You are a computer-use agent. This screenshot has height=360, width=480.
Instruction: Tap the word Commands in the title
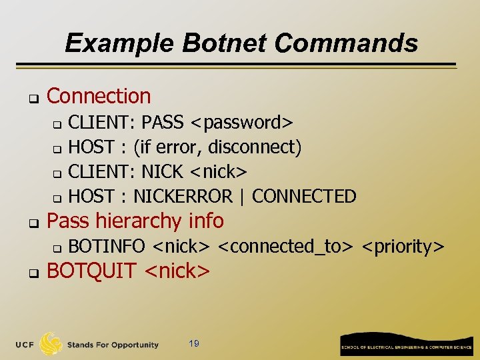pyautogui.click(x=346, y=43)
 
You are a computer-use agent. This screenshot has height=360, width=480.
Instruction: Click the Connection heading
pyautogui.click(x=99, y=96)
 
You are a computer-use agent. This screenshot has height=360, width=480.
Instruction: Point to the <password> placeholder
pyautogui.click(x=241, y=123)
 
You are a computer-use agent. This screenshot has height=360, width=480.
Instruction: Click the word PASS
pyautogui.click(x=162, y=123)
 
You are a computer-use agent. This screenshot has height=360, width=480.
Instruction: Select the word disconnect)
pyautogui.click(x=263, y=147)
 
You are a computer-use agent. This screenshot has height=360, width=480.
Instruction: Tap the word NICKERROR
pyautogui.click(x=183, y=196)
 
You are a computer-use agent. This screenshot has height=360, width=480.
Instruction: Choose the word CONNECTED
pyautogui.click(x=304, y=196)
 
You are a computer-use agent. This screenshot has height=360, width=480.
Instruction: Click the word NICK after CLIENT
pyautogui.click(x=162, y=171)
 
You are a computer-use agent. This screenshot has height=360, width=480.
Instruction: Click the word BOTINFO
pyautogui.click(x=107, y=246)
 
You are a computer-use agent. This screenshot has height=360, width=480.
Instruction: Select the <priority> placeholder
pyautogui.click(x=403, y=246)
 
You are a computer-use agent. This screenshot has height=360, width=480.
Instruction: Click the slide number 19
pyautogui.click(x=194, y=344)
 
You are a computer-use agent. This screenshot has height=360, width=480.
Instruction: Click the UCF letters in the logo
pyautogui.click(x=25, y=345)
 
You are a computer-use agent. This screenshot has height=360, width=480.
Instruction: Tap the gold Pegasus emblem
pyautogui.click(x=51, y=343)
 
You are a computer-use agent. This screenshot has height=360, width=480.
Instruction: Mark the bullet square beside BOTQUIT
pyautogui.click(x=31, y=273)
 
